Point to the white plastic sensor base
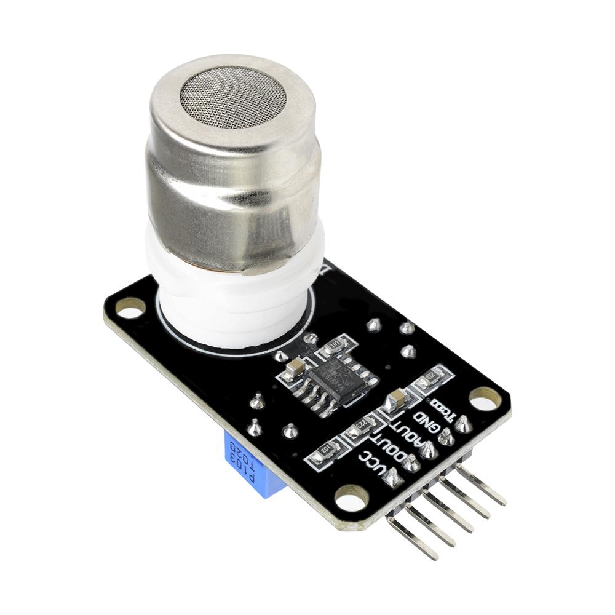point(234,295)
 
